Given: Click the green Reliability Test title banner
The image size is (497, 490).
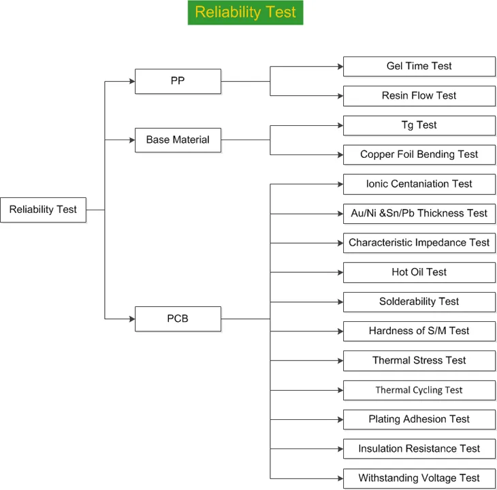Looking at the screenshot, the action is (x=245, y=12).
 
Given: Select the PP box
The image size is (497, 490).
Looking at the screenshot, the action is (x=178, y=82).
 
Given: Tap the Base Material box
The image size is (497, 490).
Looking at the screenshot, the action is (x=178, y=140).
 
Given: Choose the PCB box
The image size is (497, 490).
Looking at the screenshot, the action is (x=178, y=318).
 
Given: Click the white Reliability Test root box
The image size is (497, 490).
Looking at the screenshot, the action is (x=43, y=210).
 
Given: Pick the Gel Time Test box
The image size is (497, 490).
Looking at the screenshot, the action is (x=419, y=67).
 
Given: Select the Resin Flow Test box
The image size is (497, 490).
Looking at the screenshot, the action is (x=419, y=96).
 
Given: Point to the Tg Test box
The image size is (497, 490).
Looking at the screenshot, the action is (x=419, y=125).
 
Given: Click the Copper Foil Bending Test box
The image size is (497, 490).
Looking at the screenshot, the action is (x=419, y=154).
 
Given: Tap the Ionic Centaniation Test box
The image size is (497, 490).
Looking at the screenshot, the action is (x=419, y=184).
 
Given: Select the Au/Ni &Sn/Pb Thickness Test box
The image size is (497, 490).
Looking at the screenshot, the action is (x=419, y=214).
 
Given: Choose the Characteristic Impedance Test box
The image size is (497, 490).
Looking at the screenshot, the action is (x=419, y=243).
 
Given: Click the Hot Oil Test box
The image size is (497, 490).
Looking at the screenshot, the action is (x=419, y=272).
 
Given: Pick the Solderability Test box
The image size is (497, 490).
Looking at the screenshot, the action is (x=419, y=302).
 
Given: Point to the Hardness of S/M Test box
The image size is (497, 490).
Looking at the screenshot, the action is (x=419, y=331).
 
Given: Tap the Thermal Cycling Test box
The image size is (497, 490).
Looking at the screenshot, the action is (x=419, y=390).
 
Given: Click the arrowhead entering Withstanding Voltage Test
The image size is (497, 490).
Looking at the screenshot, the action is (x=340, y=478).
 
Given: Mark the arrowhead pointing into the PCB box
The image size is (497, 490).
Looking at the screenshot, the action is (x=132, y=318).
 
